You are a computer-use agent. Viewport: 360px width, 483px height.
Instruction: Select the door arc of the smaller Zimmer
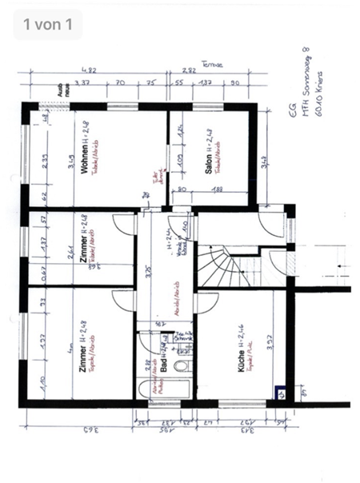(x=124, y=225)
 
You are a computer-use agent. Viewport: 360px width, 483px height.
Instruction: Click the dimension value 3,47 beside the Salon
(x=265, y=166)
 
